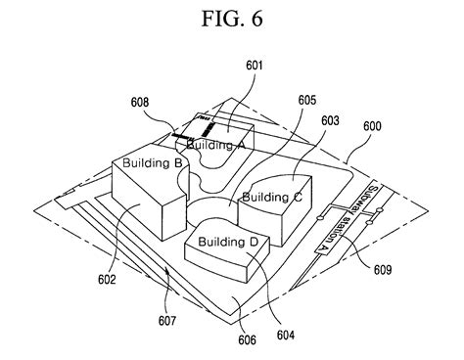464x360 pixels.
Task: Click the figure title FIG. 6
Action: (231, 19)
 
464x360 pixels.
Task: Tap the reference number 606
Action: (246, 340)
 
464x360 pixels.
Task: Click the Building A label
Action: (215, 145)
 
